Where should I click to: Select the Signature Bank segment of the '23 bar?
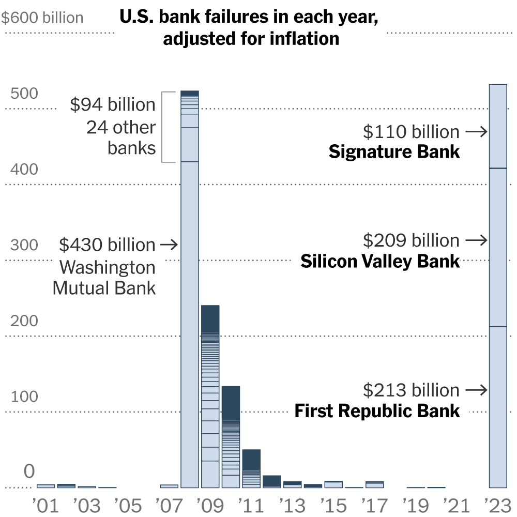[x=498, y=126]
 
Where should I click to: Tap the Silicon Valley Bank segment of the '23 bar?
[x=498, y=247]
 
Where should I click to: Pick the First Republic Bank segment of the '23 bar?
[x=498, y=407]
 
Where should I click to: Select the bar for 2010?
[x=231, y=437]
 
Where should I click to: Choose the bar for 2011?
[x=251, y=468]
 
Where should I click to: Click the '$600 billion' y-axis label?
[x=42, y=18]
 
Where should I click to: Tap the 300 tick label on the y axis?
[x=24, y=245]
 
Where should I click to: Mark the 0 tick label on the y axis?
[x=29, y=472]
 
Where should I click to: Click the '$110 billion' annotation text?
[x=411, y=132]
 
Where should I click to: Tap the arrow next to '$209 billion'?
[x=476, y=240]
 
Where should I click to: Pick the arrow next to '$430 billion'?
[x=169, y=244]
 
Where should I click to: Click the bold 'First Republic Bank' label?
[x=377, y=411]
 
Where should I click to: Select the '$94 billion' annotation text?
[x=113, y=105]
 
